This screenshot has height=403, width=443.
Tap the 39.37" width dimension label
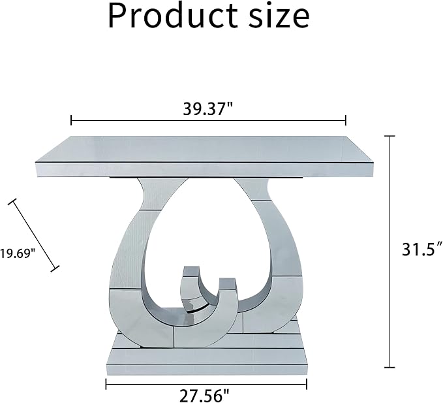coord(207,108)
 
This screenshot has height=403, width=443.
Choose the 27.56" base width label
coord(204,395)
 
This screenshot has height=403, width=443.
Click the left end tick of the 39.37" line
coord(71,120)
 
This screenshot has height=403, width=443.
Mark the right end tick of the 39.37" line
coord(345,120)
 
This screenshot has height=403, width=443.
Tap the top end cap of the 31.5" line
coord(390,137)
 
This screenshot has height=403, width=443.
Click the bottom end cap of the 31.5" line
coord(390,367)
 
